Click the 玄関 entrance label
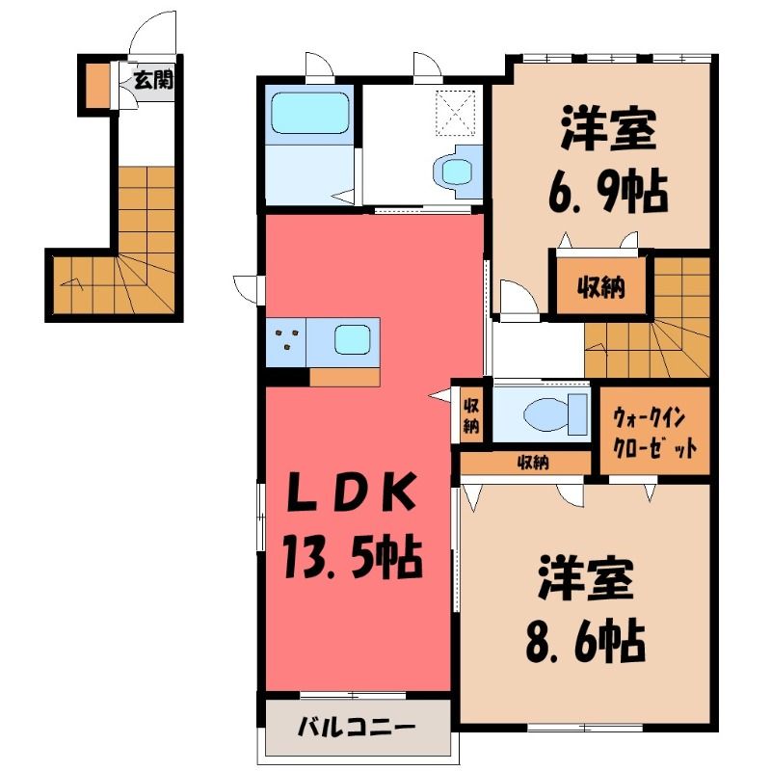point(154,80)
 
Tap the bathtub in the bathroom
point(309,114)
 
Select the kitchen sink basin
point(352,340)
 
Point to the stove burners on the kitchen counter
point(286,340)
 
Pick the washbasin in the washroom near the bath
point(457,172)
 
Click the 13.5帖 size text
point(352,557)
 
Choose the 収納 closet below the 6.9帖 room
point(600,286)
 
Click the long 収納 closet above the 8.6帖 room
point(525,464)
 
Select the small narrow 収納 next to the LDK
point(470,415)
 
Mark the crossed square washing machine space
point(456,112)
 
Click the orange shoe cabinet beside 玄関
point(98,85)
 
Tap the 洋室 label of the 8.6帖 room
point(585,579)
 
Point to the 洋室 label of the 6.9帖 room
point(609,129)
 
